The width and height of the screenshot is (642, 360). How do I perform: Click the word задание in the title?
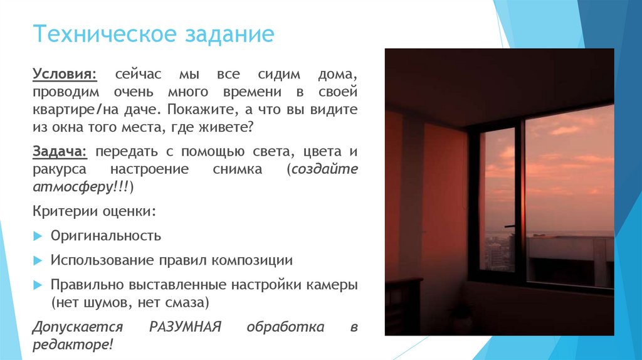pyautogui.click(x=229, y=35)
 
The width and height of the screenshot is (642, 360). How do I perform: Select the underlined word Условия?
pyautogui.click(x=65, y=75)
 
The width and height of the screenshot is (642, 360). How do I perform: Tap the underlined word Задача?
pyautogui.click(x=60, y=152)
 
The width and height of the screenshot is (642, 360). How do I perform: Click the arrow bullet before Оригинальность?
pyautogui.click(x=37, y=236)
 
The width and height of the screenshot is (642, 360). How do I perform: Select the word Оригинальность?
pyautogui.click(x=106, y=236)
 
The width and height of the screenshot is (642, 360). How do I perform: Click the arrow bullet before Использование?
pyautogui.click(x=37, y=260)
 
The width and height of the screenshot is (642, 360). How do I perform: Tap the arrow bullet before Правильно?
pyautogui.click(x=37, y=285)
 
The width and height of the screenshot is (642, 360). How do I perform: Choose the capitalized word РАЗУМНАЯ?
pyautogui.click(x=186, y=327)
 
